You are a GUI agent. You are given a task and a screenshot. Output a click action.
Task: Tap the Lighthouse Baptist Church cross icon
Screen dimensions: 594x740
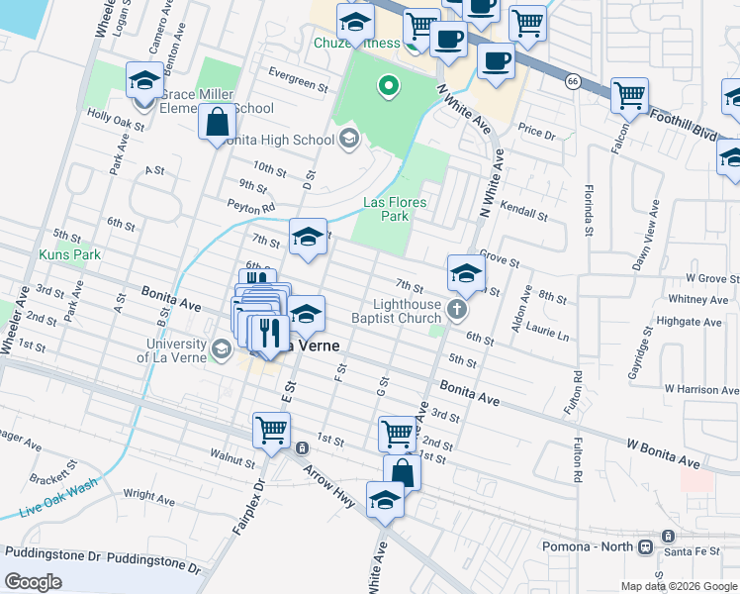tap(457, 309)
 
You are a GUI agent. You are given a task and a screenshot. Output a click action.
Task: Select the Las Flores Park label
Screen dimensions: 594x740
tap(394, 209)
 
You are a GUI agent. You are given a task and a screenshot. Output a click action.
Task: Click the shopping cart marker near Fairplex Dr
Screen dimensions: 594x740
tap(271, 431)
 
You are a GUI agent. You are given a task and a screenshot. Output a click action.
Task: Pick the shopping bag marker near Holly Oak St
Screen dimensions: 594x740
tap(218, 124)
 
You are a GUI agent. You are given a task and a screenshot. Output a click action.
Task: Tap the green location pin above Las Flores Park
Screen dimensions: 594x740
tap(389, 87)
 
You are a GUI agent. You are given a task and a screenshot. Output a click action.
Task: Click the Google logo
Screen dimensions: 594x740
tap(34, 582)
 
